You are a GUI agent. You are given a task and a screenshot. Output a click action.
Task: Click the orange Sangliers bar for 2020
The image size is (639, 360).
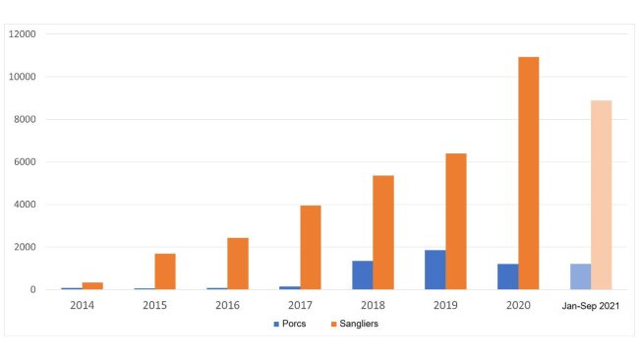tap(528, 173)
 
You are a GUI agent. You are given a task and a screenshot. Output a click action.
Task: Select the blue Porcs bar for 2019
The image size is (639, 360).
tap(435, 270)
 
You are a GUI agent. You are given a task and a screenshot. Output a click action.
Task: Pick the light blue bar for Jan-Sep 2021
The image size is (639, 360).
tap(580, 276)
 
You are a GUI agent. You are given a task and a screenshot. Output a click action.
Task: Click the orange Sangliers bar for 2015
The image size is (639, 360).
tap(164, 271)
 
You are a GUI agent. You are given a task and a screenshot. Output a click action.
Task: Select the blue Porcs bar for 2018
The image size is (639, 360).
tap(362, 275)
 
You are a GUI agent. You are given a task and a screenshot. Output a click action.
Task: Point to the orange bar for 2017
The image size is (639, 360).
tap(310, 247)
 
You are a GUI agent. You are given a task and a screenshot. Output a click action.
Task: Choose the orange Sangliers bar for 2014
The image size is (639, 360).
tap(91, 285)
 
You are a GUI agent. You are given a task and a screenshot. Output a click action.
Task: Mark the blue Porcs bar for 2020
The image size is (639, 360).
tap(507, 276)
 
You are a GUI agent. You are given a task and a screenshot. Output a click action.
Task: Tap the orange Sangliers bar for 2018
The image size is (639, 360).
tap(382, 232)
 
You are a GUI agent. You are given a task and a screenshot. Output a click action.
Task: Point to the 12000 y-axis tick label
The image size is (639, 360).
tap(22, 34)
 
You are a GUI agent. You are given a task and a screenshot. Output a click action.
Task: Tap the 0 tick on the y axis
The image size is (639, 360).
tap(32, 290)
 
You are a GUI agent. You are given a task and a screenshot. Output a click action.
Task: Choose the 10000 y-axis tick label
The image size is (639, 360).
tap(22, 77)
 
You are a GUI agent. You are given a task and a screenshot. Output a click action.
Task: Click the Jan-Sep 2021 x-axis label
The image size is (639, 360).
tap(590, 305)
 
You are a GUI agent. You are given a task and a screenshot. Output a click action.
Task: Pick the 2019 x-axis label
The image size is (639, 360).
tap(444, 305)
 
